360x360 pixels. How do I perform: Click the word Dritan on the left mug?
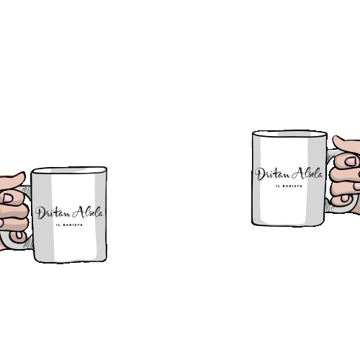coord(53,213)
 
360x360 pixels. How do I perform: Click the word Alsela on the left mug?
coord(88,212)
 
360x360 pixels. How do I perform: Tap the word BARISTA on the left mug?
coord(73,225)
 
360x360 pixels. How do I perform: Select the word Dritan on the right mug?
coord(272,174)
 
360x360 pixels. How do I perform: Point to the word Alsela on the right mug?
coord(307,173)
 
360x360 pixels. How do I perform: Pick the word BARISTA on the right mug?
coord(292,186)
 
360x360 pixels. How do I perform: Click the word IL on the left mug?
coord(58,225)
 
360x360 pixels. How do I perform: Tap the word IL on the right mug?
coord(277,186)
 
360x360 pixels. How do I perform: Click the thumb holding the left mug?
coord(12,178)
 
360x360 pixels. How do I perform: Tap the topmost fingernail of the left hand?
coord(7,198)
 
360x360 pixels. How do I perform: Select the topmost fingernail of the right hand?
coord(351,161)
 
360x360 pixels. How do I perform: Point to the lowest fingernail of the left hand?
coord(19,235)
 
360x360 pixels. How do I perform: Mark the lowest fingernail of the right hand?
coord(345,198)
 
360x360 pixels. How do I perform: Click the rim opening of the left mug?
coord(70,171)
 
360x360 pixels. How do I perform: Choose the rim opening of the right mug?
coord(289,134)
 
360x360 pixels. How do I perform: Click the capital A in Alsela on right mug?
coord(297,173)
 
